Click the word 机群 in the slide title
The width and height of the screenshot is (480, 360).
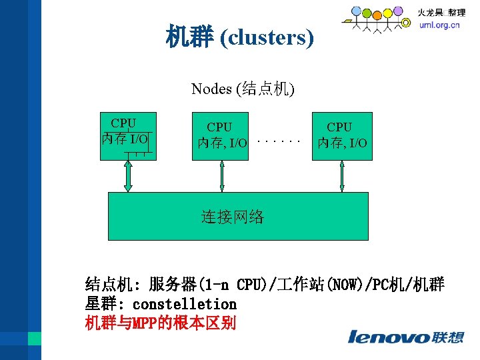189,38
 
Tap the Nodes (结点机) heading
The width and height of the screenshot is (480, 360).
243,89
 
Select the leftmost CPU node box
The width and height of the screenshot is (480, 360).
128,136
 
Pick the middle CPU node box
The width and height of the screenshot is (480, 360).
220,136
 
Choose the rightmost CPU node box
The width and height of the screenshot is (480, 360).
342,136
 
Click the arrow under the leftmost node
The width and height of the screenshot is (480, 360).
129,176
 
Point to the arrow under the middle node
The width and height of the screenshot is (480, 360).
222,176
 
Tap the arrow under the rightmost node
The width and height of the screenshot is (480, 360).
342,176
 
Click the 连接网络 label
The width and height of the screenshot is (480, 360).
233,216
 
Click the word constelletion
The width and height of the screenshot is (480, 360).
185,304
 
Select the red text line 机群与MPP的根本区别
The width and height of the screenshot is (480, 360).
161,323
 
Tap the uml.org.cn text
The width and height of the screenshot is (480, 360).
439,26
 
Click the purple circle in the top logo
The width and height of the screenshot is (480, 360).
398,11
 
